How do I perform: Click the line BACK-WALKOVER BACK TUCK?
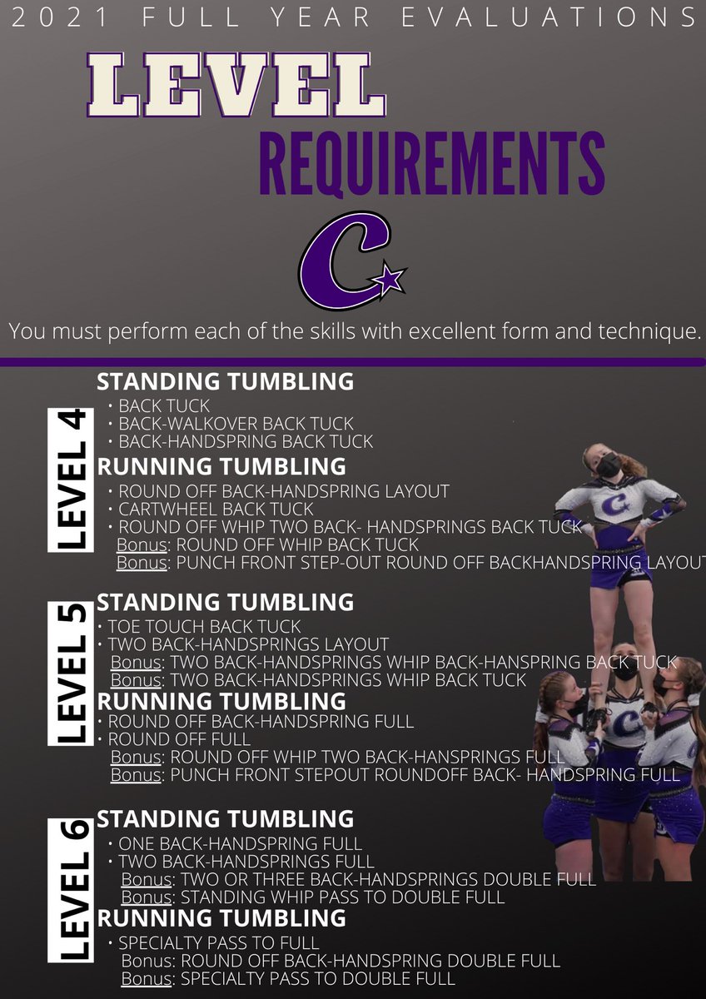point(236,424)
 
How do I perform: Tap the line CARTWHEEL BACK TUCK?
point(216,509)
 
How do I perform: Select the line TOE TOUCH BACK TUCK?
point(204,626)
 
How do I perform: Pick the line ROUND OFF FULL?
point(179,739)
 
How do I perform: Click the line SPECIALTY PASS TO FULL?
point(218,943)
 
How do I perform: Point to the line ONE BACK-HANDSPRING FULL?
point(240,843)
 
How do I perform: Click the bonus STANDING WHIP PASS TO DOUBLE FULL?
point(342,897)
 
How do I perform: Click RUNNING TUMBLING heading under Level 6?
point(221,919)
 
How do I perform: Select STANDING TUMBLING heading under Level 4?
point(225,382)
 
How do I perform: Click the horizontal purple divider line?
point(353,361)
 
